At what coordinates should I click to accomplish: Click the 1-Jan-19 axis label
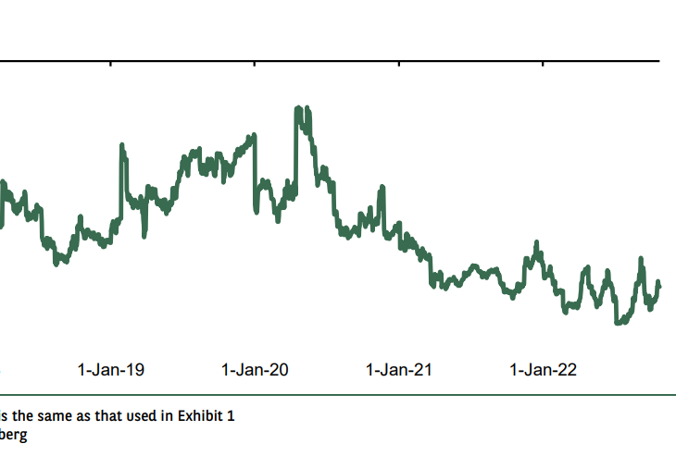point(110,370)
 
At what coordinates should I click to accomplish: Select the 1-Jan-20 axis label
point(255,370)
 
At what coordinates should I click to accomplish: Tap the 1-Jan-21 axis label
point(399,370)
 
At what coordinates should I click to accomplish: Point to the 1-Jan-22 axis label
point(544,370)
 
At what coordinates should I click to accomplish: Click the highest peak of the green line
point(298,108)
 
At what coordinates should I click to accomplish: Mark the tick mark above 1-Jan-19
point(110,64)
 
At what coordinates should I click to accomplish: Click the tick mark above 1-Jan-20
point(255,64)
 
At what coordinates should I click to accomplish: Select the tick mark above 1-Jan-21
point(399,64)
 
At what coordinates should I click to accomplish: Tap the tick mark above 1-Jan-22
point(544,64)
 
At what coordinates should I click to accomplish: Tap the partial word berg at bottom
point(14,436)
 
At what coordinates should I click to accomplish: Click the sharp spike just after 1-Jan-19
point(122,145)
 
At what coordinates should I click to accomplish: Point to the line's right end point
point(660,286)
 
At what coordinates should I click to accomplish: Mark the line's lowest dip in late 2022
point(618,323)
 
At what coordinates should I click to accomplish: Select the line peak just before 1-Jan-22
point(535,243)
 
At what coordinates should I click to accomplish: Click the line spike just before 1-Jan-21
point(382,189)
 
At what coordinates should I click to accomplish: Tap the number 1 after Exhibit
point(231,415)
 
